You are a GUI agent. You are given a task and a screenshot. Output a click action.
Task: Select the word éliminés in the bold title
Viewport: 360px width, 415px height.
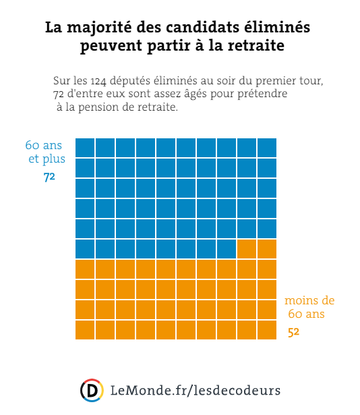click(276, 26)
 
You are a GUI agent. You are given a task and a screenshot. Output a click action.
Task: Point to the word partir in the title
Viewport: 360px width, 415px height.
click(169, 45)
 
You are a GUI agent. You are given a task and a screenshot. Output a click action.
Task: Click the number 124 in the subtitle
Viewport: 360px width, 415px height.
click(98, 81)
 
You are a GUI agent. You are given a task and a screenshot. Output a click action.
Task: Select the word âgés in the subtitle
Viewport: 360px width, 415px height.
click(196, 94)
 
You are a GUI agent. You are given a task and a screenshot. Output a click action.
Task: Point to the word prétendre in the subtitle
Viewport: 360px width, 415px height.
click(262, 94)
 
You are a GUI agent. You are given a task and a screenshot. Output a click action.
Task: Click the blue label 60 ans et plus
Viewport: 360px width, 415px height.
click(45, 152)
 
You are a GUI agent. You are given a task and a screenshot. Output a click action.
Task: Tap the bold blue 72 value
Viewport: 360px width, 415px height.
click(49, 177)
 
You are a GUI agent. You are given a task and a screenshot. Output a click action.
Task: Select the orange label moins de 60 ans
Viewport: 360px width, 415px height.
click(309, 307)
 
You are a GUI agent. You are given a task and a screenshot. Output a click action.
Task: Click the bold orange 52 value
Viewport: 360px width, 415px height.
click(294, 332)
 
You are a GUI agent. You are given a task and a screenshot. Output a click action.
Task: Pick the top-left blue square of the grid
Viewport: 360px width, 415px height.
click(85, 148)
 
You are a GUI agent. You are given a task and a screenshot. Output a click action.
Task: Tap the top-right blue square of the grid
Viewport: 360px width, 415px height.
click(267, 148)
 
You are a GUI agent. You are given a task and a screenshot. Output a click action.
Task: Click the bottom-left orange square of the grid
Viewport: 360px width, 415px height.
click(85, 330)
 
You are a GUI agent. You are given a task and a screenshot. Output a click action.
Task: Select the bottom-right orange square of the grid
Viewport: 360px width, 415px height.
click(267, 330)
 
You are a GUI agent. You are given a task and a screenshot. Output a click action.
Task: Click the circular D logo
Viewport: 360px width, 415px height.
click(92, 391)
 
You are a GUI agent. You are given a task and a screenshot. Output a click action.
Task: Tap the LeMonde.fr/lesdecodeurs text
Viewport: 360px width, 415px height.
click(196, 391)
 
